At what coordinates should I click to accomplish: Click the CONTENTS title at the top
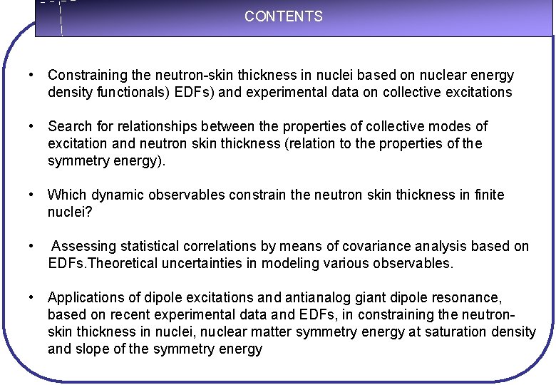point(283,16)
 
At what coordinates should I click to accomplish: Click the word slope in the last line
point(91,349)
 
